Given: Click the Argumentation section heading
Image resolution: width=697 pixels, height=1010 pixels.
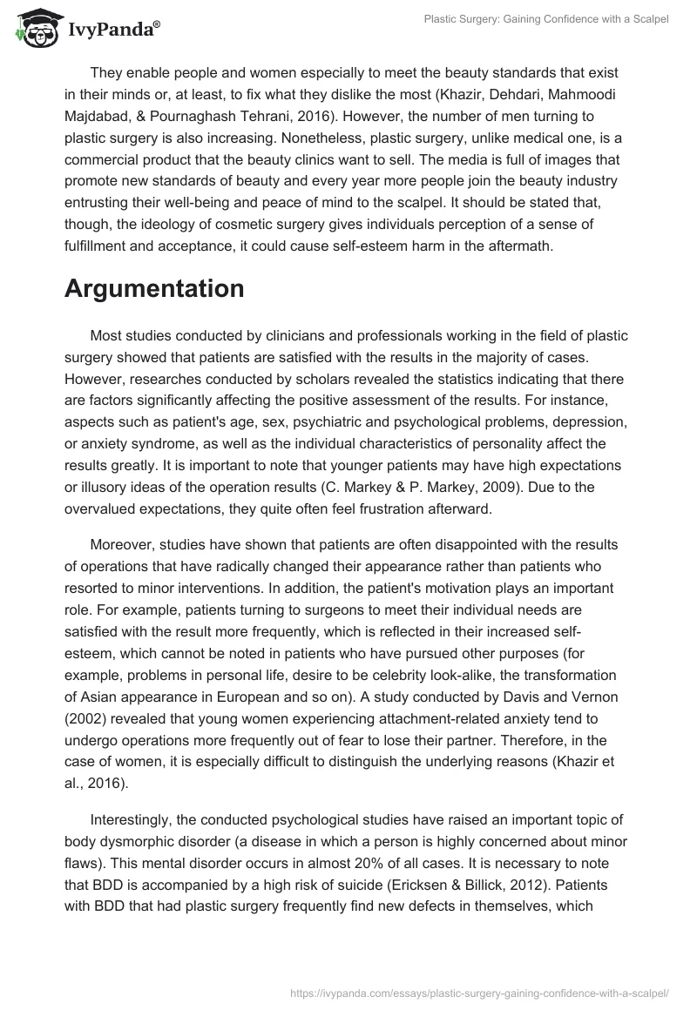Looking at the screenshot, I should (x=154, y=289).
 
